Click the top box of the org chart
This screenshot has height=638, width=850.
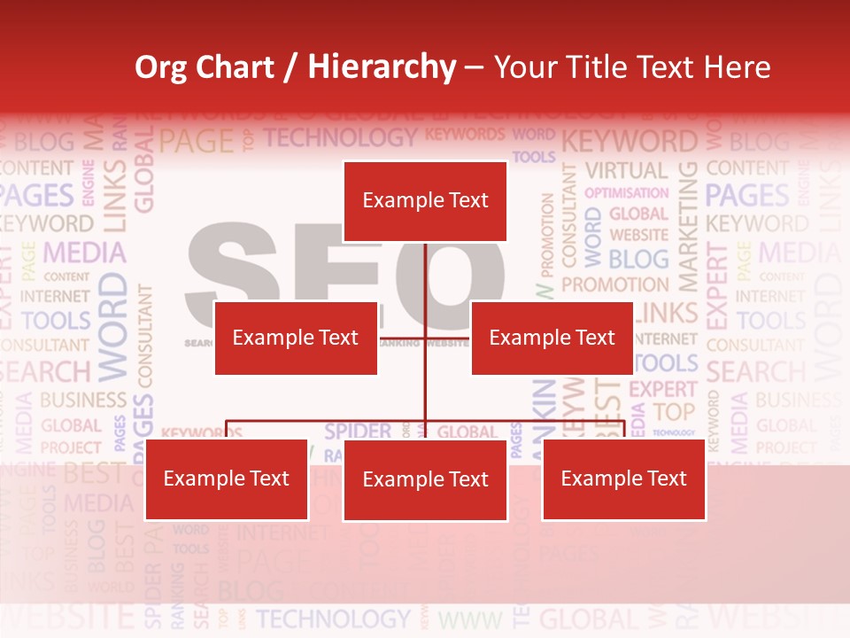pyautogui.click(x=425, y=201)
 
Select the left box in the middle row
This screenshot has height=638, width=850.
pyautogui.click(x=296, y=338)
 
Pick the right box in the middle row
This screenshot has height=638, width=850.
pyautogui.click(x=552, y=338)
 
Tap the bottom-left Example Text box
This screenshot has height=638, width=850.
pyautogui.click(x=227, y=479)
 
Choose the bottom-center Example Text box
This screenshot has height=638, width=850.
pyautogui.click(x=425, y=479)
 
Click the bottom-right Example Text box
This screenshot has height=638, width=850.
pyautogui.click(x=623, y=479)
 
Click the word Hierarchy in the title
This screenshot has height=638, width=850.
pyautogui.click(x=382, y=67)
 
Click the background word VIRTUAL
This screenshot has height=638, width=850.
pyautogui.click(x=627, y=170)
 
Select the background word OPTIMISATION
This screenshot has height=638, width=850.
pyautogui.click(x=627, y=192)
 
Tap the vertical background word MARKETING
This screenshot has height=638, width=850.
pyautogui.click(x=687, y=227)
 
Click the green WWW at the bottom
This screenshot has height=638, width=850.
pyautogui.click(x=470, y=619)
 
